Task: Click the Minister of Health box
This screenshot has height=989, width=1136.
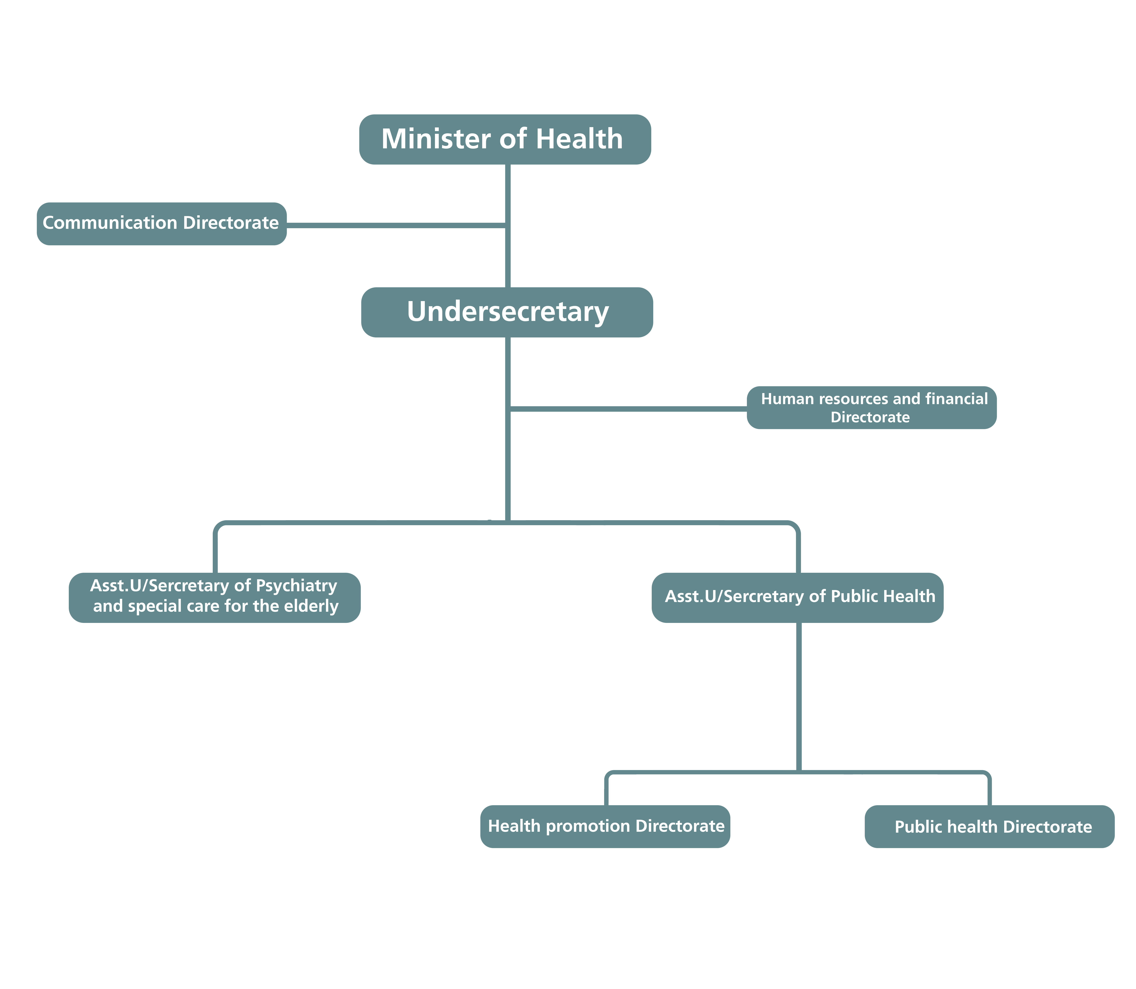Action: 505,139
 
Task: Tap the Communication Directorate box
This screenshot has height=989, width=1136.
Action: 161,223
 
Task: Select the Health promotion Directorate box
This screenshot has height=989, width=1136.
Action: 605,826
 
